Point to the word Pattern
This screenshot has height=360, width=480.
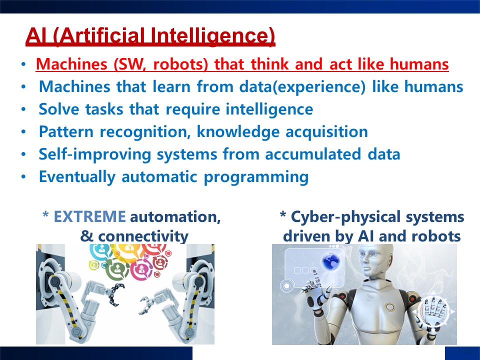pyautogui.click(x=66, y=131)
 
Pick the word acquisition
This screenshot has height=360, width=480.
pyautogui.click(x=326, y=132)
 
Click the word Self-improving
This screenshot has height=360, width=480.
pyautogui.click(x=95, y=154)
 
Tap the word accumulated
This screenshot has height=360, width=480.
pyautogui.click(x=313, y=154)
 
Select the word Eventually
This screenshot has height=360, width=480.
pyautogui.click(x=77, y=177)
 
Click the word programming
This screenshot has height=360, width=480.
pyautogui.click(x=256, y=177)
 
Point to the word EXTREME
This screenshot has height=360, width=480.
pyautogui.click(x=89, y=216)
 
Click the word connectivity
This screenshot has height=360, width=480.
pyautogui.click(x=143, y=236)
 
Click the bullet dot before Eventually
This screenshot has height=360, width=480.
pyautogui.click(x=23, y=177)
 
